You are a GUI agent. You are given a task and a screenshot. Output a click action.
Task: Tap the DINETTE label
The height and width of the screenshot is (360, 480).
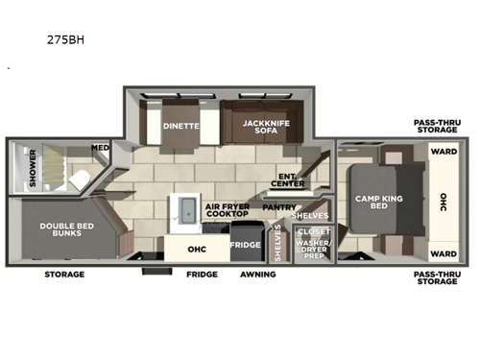[180, 125]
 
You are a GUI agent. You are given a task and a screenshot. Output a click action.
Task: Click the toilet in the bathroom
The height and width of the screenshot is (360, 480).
[81, 178]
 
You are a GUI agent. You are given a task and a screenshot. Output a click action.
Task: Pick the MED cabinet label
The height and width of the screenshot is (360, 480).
[100, 148]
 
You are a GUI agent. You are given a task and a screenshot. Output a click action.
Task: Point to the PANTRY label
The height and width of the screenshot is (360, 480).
[279, 205]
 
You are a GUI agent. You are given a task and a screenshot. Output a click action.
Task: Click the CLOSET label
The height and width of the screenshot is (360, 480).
[314, 231]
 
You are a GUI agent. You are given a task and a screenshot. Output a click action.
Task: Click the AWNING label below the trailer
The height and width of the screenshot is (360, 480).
[257, 275]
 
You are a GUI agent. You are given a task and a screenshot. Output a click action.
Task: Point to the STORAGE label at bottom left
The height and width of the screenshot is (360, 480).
[64, 275]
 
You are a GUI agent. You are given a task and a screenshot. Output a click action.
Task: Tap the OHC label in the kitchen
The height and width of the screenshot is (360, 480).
[197, 248]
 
